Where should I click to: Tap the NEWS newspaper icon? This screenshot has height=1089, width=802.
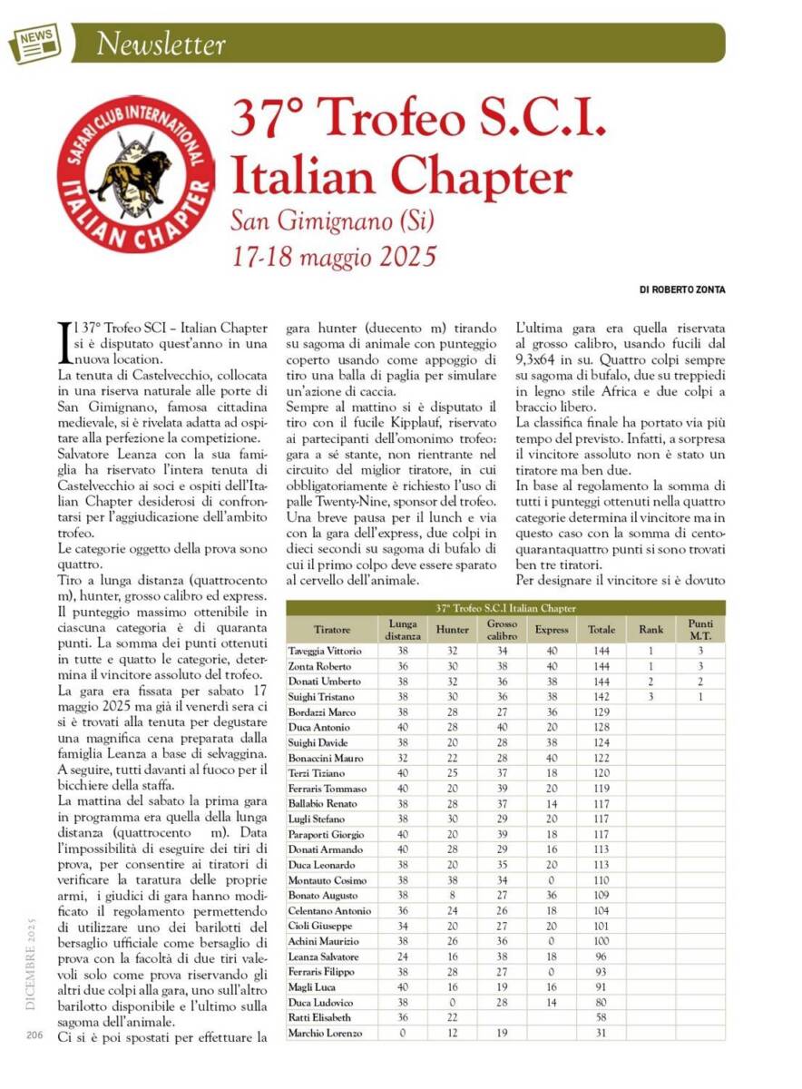pyautogui.click(x=34, y=42)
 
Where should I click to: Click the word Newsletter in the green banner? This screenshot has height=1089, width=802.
pyautogui.click(x=161, y=43)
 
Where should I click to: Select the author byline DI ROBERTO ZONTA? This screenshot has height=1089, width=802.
pyautogui.click(x=682, y=289)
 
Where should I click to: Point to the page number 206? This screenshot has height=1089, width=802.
pyautogui.click(x=35, y=1035)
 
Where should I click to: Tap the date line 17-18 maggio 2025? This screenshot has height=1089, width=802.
pyautogui.click(x=333, y=253)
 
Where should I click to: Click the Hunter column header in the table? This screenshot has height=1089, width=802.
pyautogui.click(x=453, y=629)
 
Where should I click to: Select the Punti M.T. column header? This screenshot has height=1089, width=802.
pyautogui.click(x=700, y=629)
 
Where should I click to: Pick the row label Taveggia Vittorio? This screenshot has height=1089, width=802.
pyautogui.click(x=324, y=651)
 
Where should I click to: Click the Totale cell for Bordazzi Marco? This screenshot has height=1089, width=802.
pyautogui.click(x=601, y=711)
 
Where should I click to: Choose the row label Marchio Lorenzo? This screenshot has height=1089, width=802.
pyautogui.click(x=325, y=1033)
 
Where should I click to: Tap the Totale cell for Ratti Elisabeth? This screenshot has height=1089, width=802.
pyautogui.click(x=601, y=1018)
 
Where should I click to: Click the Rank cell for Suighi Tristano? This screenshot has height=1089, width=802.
pyautogui.click(x=650, y=696)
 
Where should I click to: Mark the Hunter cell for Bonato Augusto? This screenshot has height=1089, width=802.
pyautogui.click(x=453, y=895)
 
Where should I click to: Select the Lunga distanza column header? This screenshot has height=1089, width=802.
pyautogui.click(x=403, y=629)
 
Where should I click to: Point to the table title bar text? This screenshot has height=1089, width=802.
pyautogui.click(x=505, y=608)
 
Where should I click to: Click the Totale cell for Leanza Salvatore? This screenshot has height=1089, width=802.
pyautogui.click(x=601, y=957)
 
